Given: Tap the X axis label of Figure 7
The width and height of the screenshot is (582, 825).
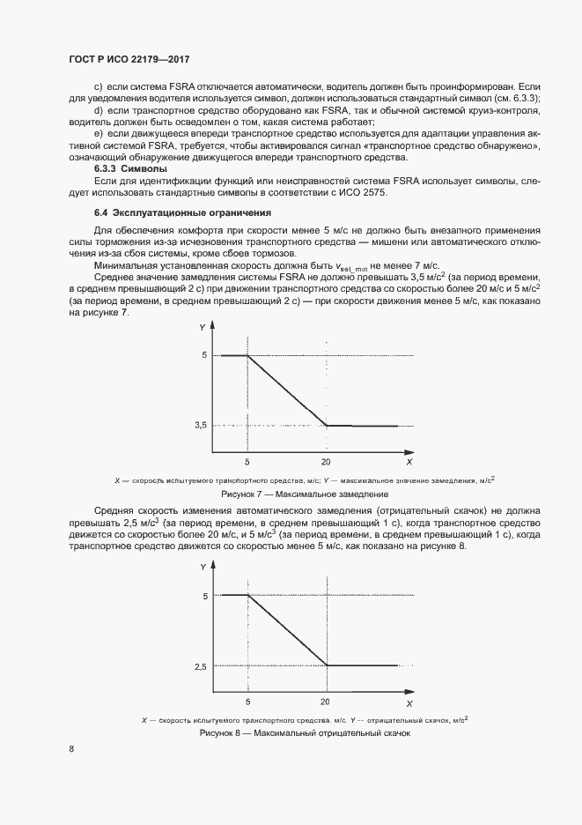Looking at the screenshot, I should coord(409,461).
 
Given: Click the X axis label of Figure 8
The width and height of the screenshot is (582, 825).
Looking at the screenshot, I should coord(409,702).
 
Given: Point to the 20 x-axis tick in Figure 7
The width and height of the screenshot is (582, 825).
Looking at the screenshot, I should coord(326,461).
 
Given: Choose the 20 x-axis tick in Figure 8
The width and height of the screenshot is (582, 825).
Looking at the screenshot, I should coord(326,702).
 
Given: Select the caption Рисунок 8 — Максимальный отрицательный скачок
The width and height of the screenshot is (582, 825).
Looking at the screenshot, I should coord(305,732).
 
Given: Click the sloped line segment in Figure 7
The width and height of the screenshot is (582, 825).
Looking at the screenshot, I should coord(287,390).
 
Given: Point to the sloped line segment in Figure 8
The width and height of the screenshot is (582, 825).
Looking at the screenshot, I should coord(287,631).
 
